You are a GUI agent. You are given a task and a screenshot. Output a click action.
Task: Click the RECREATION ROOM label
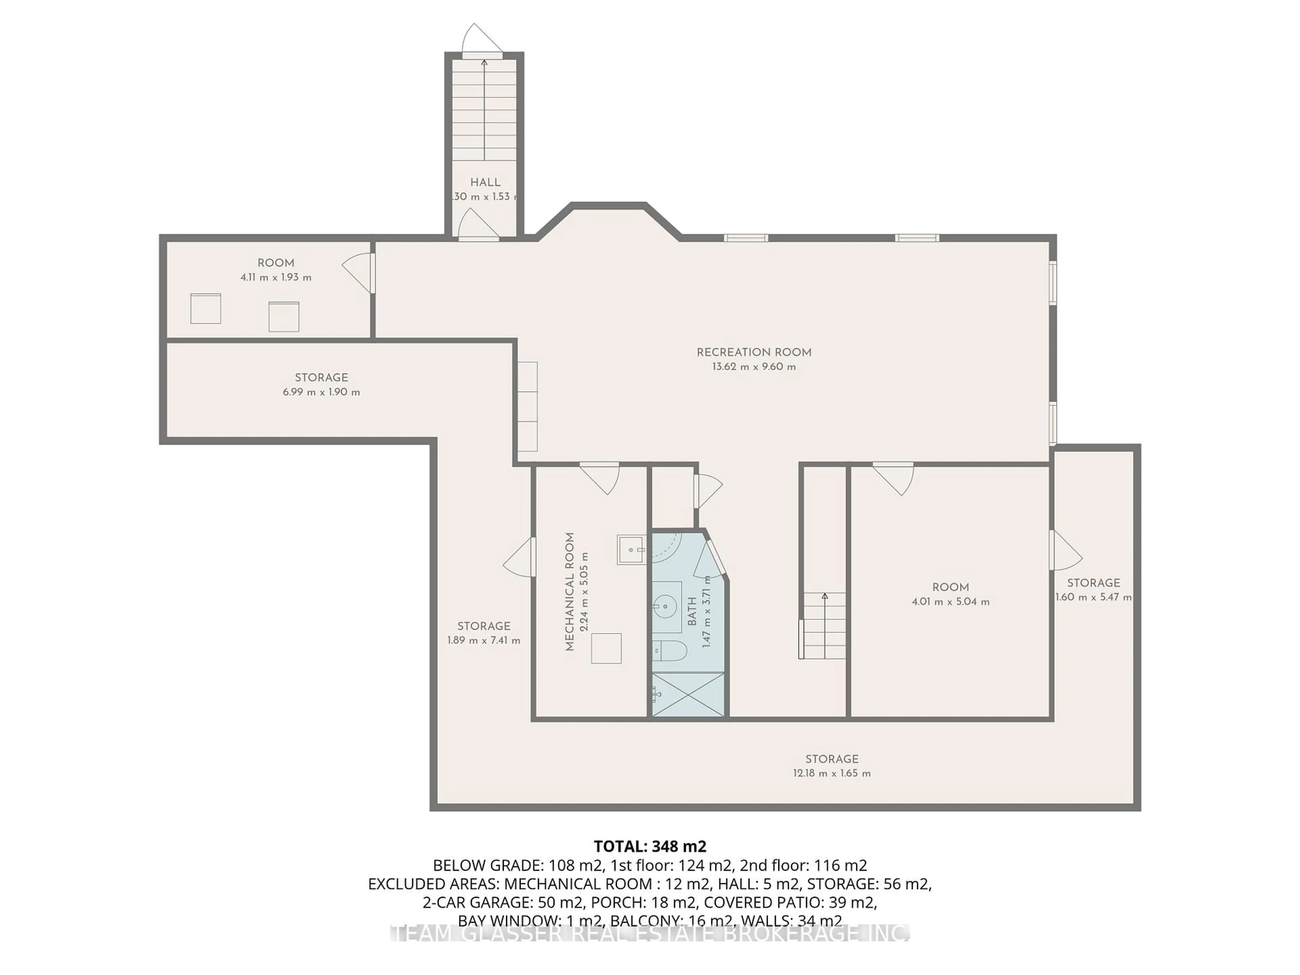754,353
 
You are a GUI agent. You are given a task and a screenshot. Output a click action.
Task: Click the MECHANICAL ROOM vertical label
569,592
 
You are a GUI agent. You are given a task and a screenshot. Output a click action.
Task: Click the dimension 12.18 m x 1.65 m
831,774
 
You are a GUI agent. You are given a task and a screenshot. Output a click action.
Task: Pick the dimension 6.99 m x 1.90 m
322,392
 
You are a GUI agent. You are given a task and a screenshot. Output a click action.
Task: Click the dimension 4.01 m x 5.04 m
950,602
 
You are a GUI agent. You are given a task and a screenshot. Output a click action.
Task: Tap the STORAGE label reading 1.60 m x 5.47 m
1093,583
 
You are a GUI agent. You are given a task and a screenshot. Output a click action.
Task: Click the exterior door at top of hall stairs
482,41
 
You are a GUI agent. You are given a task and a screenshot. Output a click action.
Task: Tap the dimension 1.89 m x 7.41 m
484,641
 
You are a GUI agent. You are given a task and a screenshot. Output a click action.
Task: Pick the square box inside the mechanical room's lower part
606,648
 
